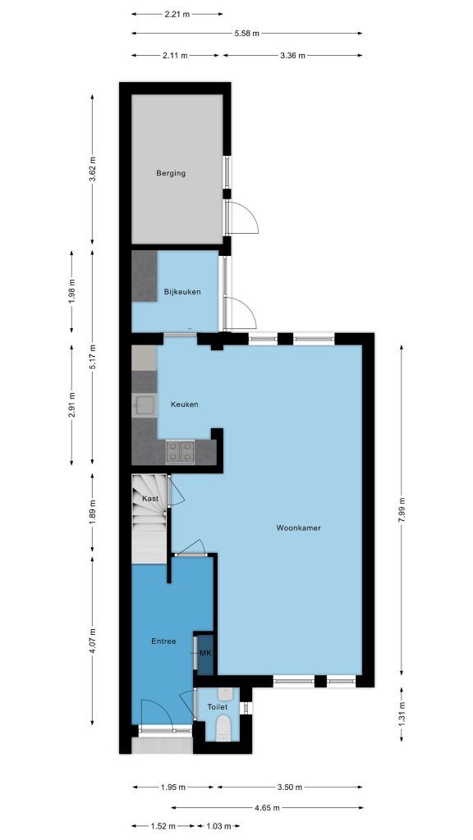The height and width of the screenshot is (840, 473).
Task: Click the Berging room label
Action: click(x=171, y=173)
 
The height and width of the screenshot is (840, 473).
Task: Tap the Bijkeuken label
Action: click(x=182, y=292)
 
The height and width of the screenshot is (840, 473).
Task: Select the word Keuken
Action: click(x=185, y=404)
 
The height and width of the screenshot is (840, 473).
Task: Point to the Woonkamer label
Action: click(x=299, y=527)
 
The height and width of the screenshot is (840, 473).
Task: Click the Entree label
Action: click(x=163, y=641)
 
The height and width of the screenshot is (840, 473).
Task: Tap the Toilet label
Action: click(x=217, y=707)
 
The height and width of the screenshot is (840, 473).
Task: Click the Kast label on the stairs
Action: click(x=150, y=498)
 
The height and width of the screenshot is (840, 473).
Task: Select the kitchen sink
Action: click(x=145, y=405)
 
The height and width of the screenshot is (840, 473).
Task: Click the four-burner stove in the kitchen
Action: click(x=180, y=452)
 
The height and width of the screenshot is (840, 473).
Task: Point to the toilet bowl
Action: click(x=223, y=729)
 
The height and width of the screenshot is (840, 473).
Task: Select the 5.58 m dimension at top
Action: click(x=246, y=33)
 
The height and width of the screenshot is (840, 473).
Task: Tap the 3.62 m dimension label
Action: click(x=92, y=169)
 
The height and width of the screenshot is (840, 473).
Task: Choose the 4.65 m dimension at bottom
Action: click(x=267, y=807)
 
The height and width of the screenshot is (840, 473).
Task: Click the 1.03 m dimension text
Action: click(x=218, y=826)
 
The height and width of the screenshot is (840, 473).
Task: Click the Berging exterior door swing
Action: click(x=242, y=217)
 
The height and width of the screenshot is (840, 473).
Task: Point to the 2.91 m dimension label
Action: click(x=72, y=405)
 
